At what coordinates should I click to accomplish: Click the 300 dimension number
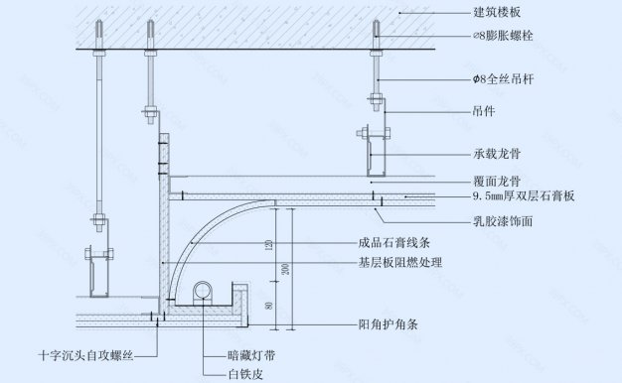[284, 268]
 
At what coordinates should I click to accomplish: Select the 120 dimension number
[270, 243]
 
